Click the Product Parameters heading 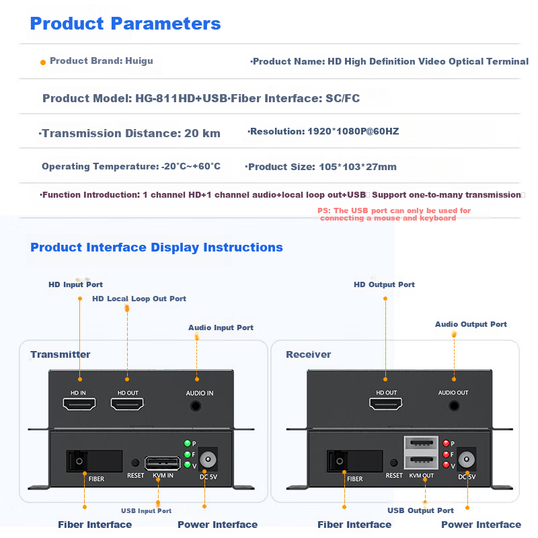coord(125,24)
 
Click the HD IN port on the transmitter coord(79,404)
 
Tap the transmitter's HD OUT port coord(127,404)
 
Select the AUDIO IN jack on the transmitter coord(196,406)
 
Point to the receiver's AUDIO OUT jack coord(454,406)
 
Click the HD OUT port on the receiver coord(386,404)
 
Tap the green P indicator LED coord(187,443)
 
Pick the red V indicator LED coord(446,465)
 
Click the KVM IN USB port coord(162,463)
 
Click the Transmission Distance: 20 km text coord(130,133)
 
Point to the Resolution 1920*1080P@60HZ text coord(323,131)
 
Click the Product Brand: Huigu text coord(101,61)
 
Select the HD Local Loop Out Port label coord(139,299)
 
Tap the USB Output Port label coord(420,510)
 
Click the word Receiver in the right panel coord(308,354)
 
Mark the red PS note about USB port coord(394,215)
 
